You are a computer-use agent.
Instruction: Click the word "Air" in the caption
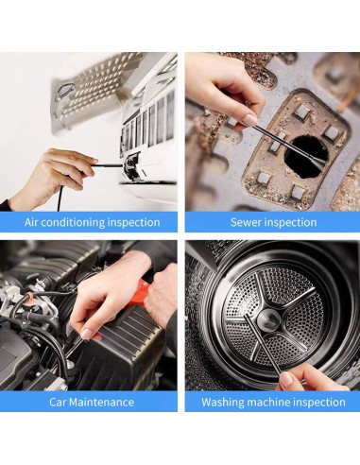[31, 222]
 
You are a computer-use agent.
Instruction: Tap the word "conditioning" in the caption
[73, 223]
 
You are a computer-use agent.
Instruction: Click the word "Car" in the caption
[58, 403]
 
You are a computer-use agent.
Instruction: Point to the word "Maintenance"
[101, 403]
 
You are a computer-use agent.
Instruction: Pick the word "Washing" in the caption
[223, 403]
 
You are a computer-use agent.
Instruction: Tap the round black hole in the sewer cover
[306, 157]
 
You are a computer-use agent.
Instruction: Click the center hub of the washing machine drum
[268, 320]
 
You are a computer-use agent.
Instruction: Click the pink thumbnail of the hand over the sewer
[250, 120]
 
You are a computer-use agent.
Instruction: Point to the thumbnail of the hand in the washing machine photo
[286, 380]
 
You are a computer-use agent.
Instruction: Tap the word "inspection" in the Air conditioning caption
[134, 223]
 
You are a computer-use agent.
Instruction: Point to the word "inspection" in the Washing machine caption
[319, 403]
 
